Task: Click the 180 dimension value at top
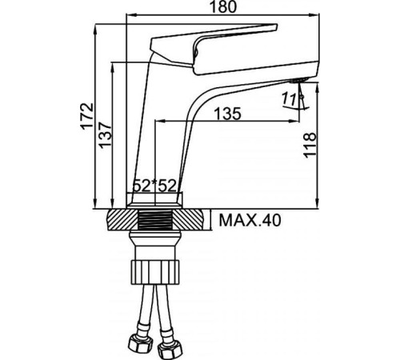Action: pyautogui.click(x=223, y=6)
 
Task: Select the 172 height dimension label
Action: pyautogui.click(x=87, y=116)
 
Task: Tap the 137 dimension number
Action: pyautogui.click(x=105, y=135)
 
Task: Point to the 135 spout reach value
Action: pyautogui.click(x=227, y=114)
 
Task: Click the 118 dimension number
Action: pyautogui.click(x=310, y=145)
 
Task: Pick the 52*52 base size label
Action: pyautogui.click(x=154, y=186)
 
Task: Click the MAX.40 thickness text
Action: pyautogui.click(x=250, y=220)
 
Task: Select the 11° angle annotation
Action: pyautogui.click(x=290, y=98)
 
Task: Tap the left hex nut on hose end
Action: pyautogui.click(x=140, y=342)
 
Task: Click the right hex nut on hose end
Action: pyautogui.click(x=170, y=348)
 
